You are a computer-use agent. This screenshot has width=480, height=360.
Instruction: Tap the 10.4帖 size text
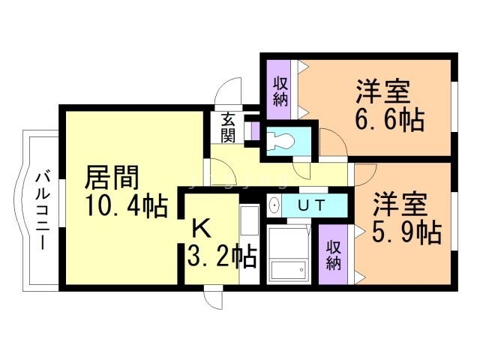pos(125,205)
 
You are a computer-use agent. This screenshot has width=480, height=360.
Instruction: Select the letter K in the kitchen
pos(200,227)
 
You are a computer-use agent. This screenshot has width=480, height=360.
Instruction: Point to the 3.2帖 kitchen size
pos(222,256)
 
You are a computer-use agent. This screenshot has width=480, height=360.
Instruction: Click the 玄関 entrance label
pos(229,128)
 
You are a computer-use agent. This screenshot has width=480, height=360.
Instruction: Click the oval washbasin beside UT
pos(274,205)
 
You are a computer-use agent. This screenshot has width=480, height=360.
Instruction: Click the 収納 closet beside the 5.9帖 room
pos(333,254)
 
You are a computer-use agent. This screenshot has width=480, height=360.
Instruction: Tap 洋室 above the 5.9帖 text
pos(400,205)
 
